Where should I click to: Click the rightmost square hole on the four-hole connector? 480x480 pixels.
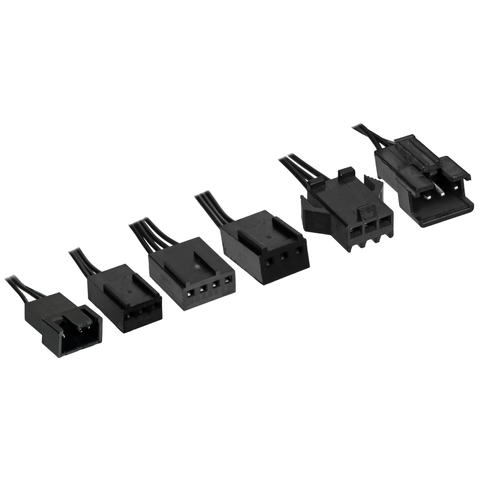coord(227,281)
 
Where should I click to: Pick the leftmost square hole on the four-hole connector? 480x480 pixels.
coord(190,294)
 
